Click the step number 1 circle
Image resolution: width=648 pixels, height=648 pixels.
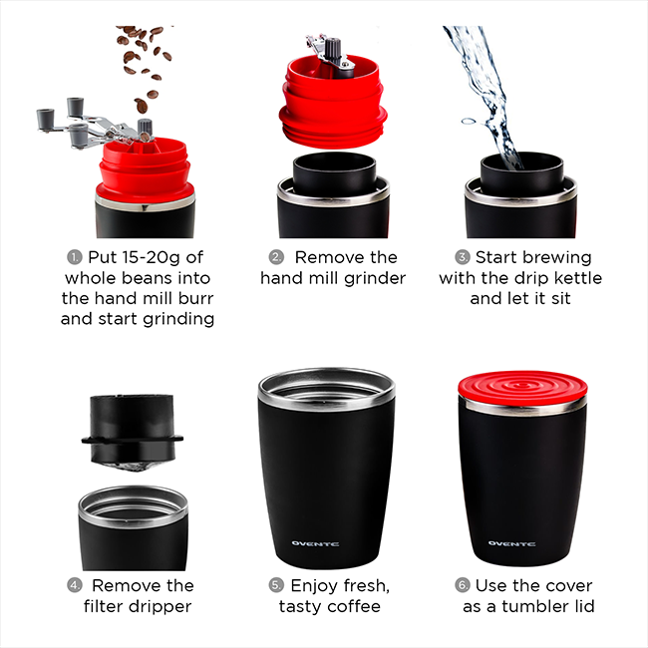tap(76, 257)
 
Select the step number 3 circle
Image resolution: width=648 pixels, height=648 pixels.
tap(463, 257)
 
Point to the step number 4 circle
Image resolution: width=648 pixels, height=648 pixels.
tap(75, 585)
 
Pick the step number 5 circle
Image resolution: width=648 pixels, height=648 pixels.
tap(276, 585)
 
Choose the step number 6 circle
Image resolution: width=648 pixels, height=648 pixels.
tap(462, 585)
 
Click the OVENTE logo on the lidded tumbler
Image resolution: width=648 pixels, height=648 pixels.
tap(510, 543)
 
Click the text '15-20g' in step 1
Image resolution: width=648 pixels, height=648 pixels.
tap(137, 257)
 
